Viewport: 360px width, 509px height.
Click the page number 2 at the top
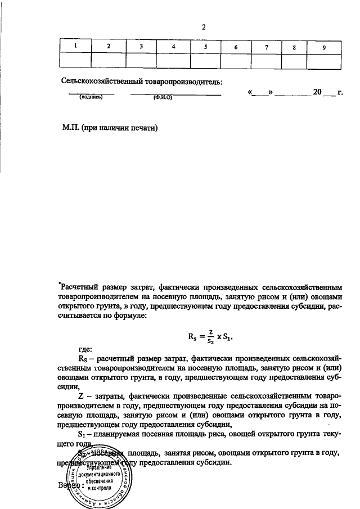coord(205,26)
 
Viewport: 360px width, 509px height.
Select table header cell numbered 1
coord(74,46)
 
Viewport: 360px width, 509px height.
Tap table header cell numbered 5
coord(206,46)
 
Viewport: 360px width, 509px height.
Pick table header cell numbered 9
coord(324,46)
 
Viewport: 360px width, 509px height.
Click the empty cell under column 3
coord(141,60)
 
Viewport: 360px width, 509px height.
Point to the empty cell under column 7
coord(266,60)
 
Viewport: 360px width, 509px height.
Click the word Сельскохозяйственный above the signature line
coord(100,82)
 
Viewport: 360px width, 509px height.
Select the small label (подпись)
coord(91,97)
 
